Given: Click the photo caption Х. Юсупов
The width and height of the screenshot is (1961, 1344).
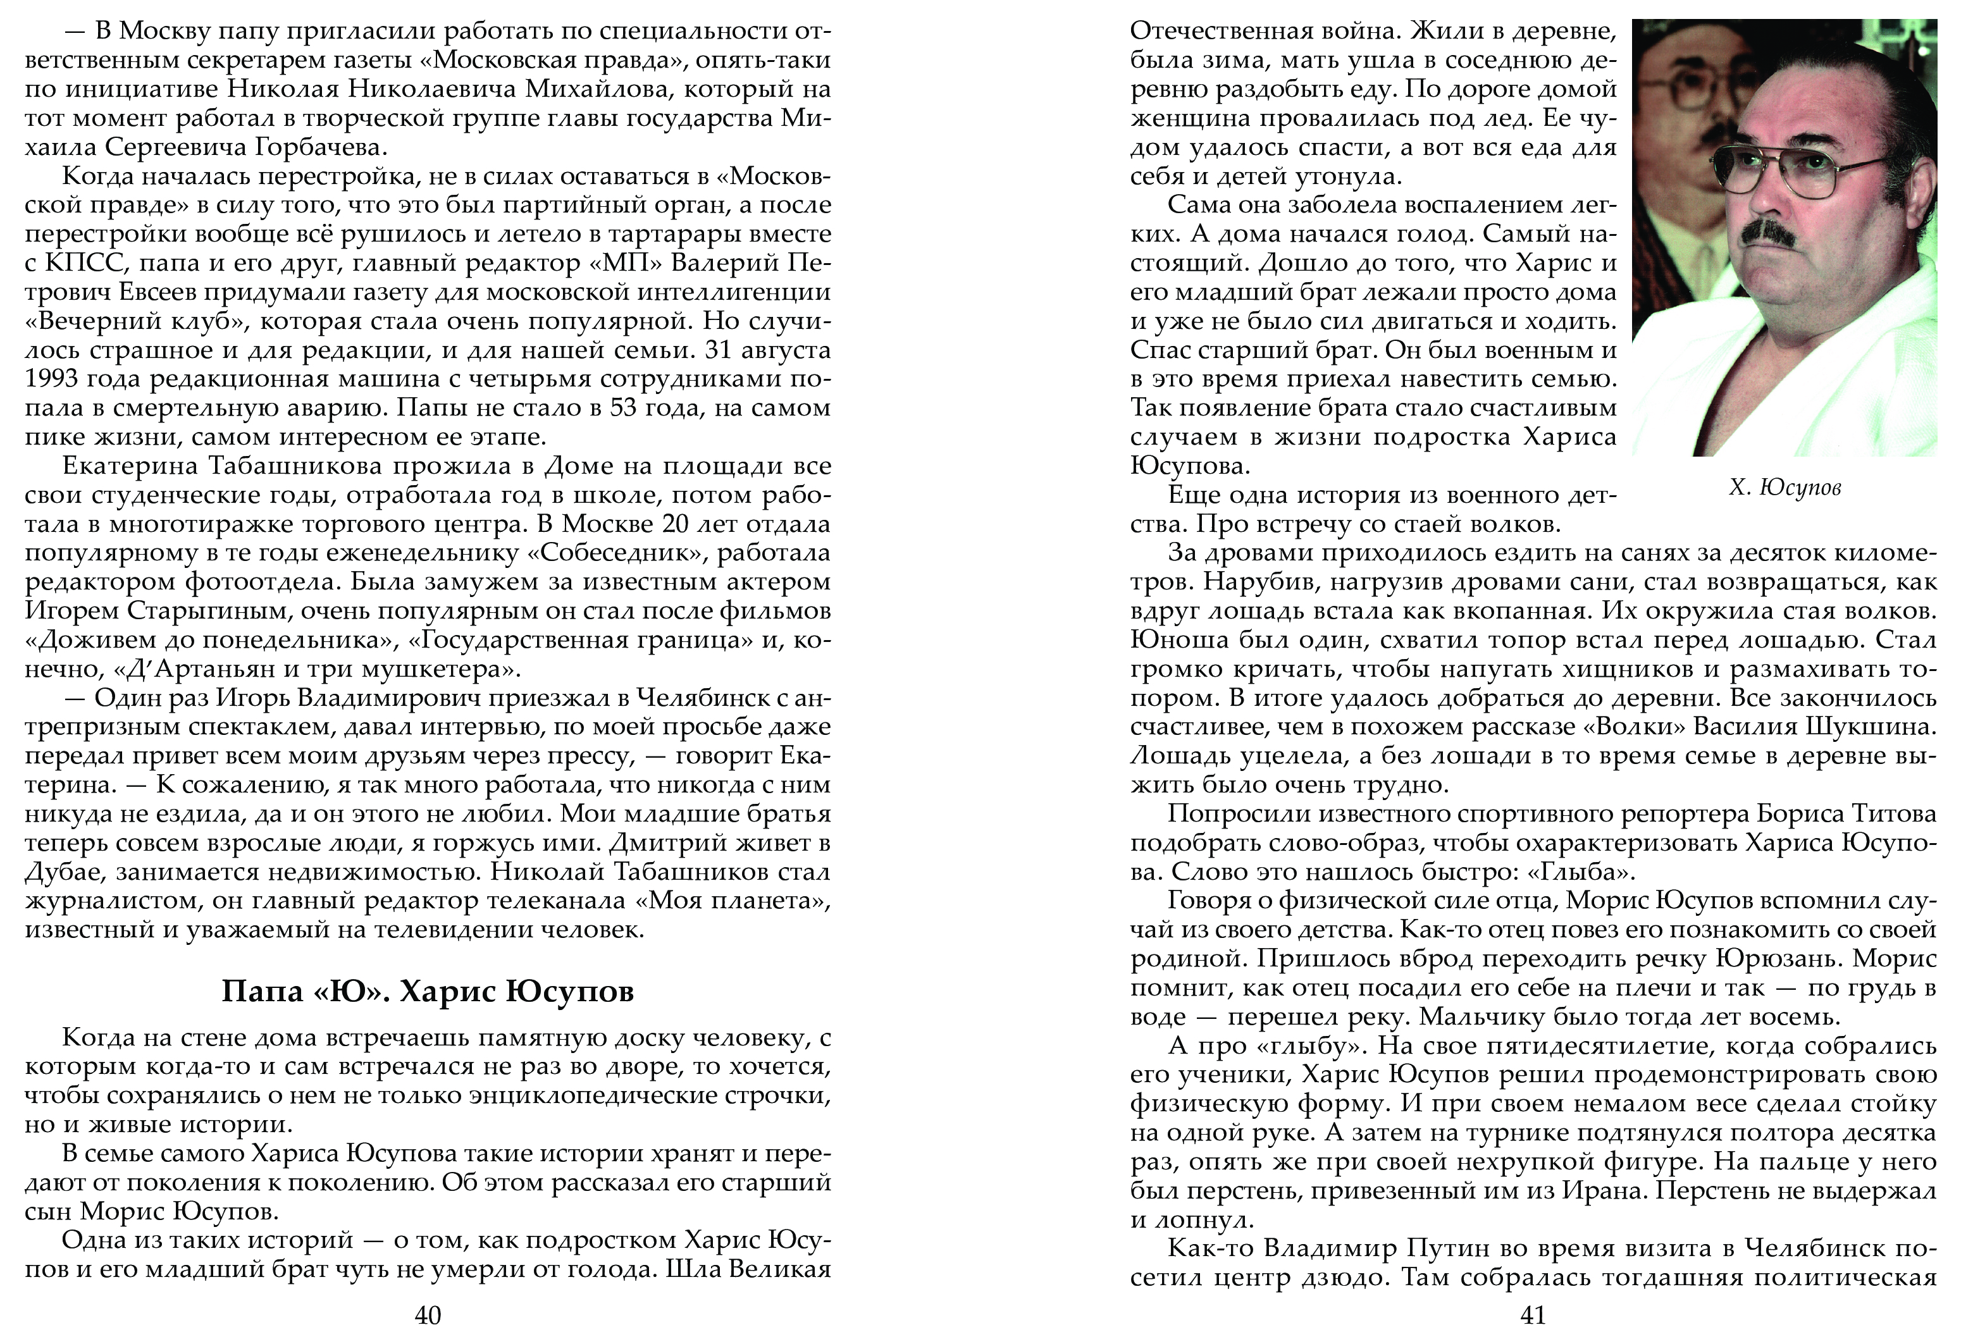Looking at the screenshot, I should coord(1785,488).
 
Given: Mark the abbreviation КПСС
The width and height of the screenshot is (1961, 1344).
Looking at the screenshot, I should coord(74,263).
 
